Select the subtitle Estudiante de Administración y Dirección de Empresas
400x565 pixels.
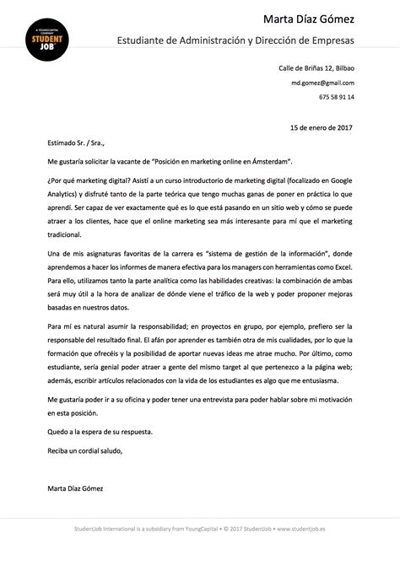pos(235,40)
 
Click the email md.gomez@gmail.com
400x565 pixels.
pos(323,83)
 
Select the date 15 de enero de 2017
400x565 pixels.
pos(322,127)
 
